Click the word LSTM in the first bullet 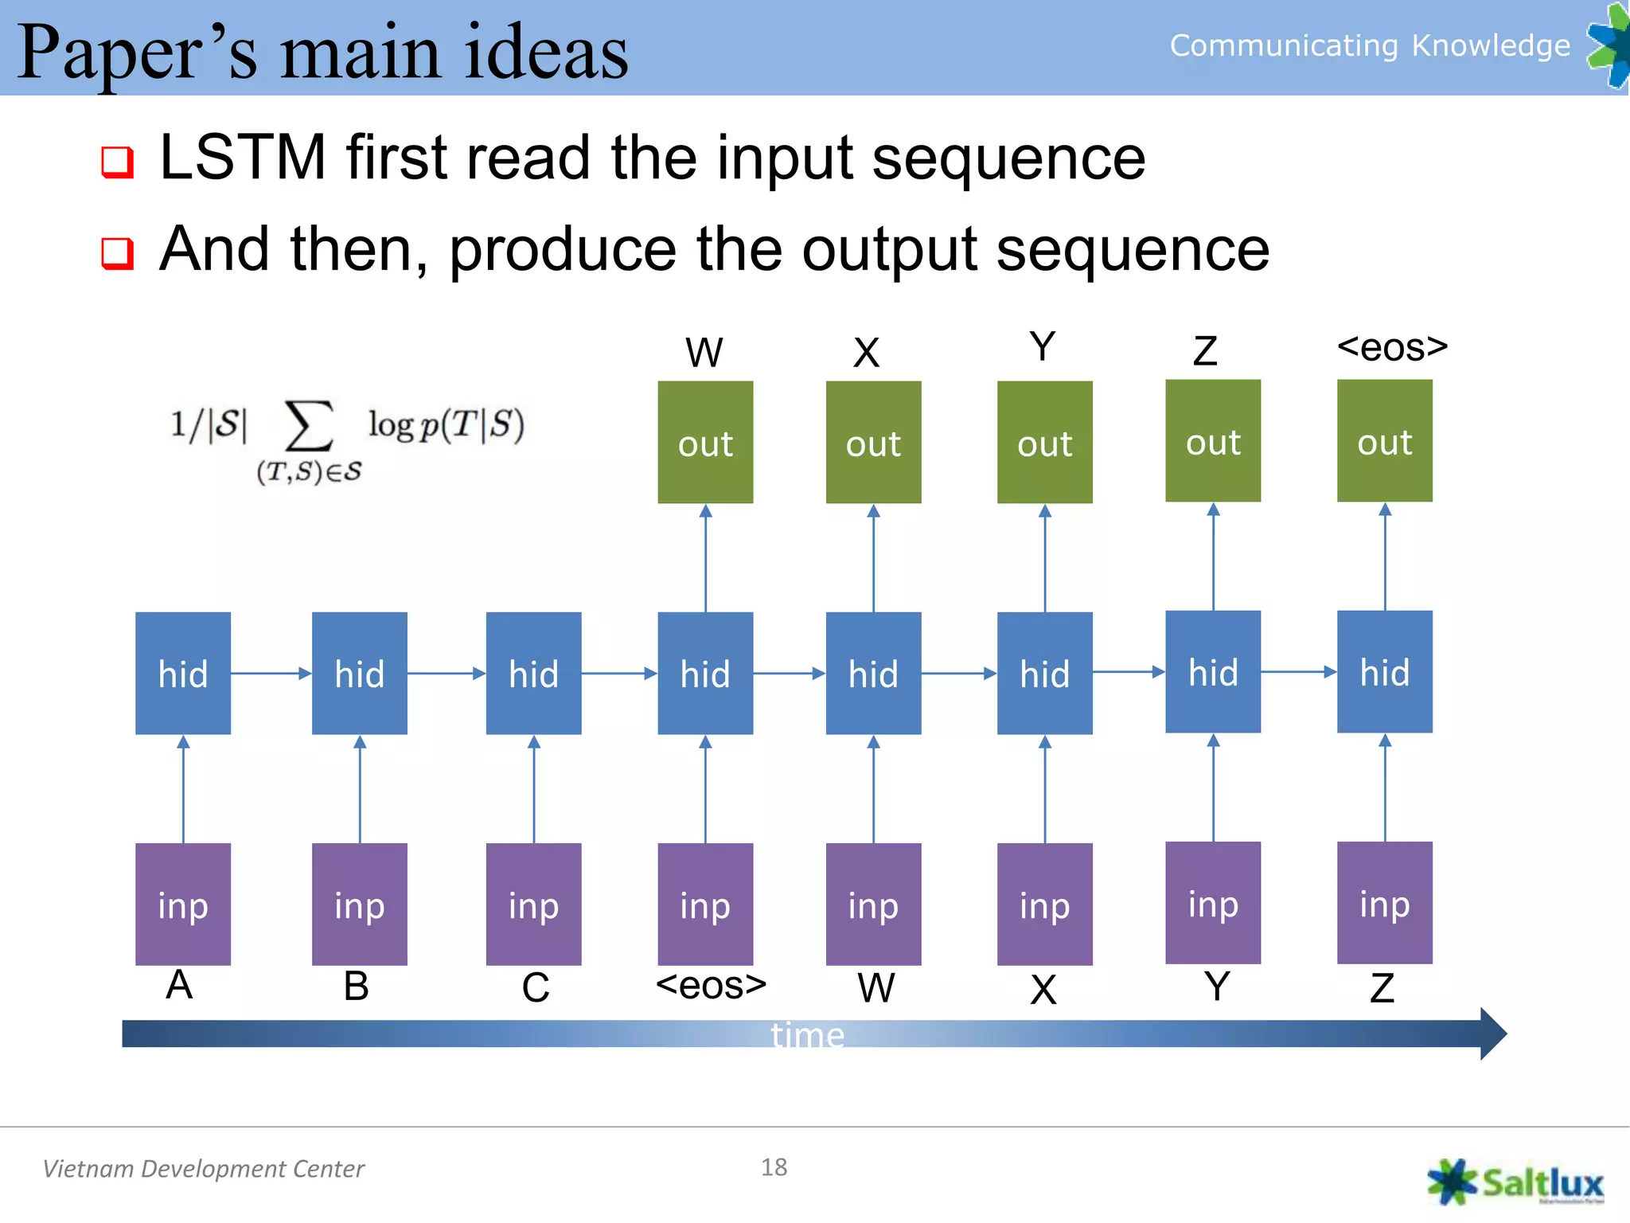tap(243, 157)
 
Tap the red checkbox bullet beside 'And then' tap(118, 253)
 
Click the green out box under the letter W tap(705, 442)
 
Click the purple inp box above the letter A tap(183, 904)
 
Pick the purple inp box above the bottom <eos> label tap(705, 904)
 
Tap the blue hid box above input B tap(360, 673)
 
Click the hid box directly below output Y tap(1044, 673)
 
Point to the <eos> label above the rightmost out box tap(1392, 347)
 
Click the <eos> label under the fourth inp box tap(711, 985)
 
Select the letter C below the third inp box tap(536, 987)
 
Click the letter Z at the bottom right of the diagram tap(1382, 988)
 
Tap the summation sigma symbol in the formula tap(309, 426)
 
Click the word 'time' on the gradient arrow tap(807, 1035)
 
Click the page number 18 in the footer tap(774, 1167)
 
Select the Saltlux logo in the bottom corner tap(1515, 1182)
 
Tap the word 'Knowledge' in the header tap(1491, 45)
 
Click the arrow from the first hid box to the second tap(271, 674)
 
